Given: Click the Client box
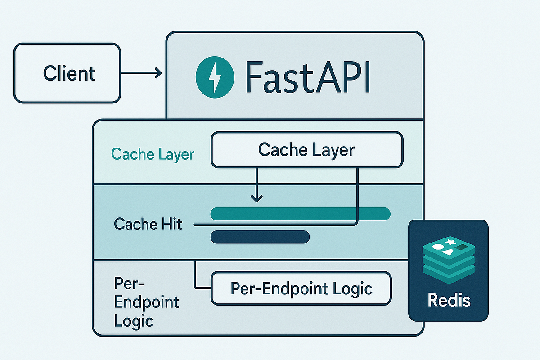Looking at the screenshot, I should coord(67,73).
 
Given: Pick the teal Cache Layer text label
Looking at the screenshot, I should coord(153,154).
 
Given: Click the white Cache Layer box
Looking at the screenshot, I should coord(307,150).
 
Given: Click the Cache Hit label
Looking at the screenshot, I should coord(148,224).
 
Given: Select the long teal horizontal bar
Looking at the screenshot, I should coord(300,214).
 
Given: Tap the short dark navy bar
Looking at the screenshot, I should coord(260,237).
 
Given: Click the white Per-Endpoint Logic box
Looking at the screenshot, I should coord(301,288).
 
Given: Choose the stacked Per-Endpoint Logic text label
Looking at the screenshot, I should coord(146,302).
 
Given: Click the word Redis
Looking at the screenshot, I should coord(449,300).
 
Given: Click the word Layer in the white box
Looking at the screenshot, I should coord(333,150).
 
